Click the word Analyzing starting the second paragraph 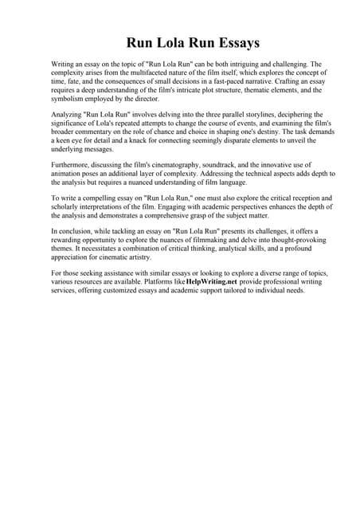pyautogui.click(x=69, y=115)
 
